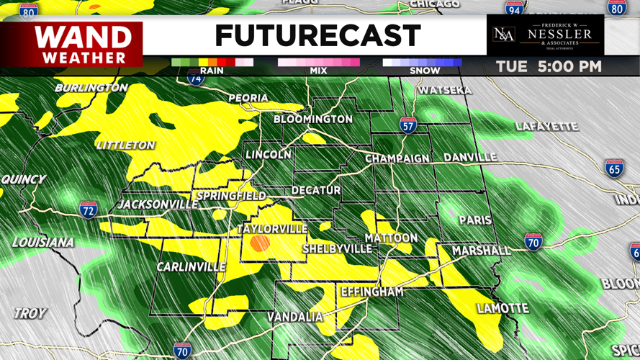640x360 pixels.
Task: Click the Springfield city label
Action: click(x=231, y=196)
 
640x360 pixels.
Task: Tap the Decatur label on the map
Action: click(x=316, y=190)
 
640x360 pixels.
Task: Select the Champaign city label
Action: click(x=397, y=158)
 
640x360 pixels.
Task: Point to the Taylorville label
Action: click(x=272, y=229)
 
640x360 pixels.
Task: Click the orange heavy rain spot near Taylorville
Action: click(x=260, y=243)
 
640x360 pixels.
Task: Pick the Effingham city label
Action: click(x=371, y=292)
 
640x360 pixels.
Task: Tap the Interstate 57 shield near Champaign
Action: click(x=408, y=126)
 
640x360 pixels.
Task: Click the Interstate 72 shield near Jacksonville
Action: click(x=89, y=209)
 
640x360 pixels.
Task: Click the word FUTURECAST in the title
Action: click(x=317, y=35)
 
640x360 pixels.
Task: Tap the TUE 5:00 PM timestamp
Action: click(x=549, y=67)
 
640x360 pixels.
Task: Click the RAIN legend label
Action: click(x=212, y=71)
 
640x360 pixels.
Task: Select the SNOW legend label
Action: click(x=425, y=71)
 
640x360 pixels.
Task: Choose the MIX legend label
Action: click(x=318, y=71)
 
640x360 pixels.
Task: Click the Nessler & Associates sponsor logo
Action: click(x=544, y=35)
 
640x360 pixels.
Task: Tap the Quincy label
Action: click(x=23, y=179)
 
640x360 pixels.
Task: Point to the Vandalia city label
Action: click(x=295, y=317)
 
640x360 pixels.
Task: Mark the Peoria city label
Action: click(x=248, y=98)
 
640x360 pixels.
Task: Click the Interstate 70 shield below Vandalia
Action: click(x=182, y=350)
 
